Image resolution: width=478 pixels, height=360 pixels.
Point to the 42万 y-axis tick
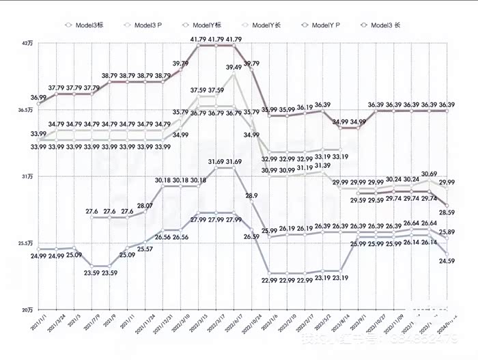[27, 44]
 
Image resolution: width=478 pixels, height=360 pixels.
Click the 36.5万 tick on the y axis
[25, 110]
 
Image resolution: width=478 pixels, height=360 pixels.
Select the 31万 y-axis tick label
[27, 176]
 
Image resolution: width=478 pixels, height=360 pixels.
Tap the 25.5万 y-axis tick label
[25, 243]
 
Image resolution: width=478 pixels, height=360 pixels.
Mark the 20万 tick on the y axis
[27, 309]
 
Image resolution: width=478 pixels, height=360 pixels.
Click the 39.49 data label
[234, 68]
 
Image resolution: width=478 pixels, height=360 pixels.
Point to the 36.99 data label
[38, 98]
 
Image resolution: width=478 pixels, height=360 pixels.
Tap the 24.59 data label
[447, 260]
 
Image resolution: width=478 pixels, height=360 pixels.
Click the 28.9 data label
[251, 196]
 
